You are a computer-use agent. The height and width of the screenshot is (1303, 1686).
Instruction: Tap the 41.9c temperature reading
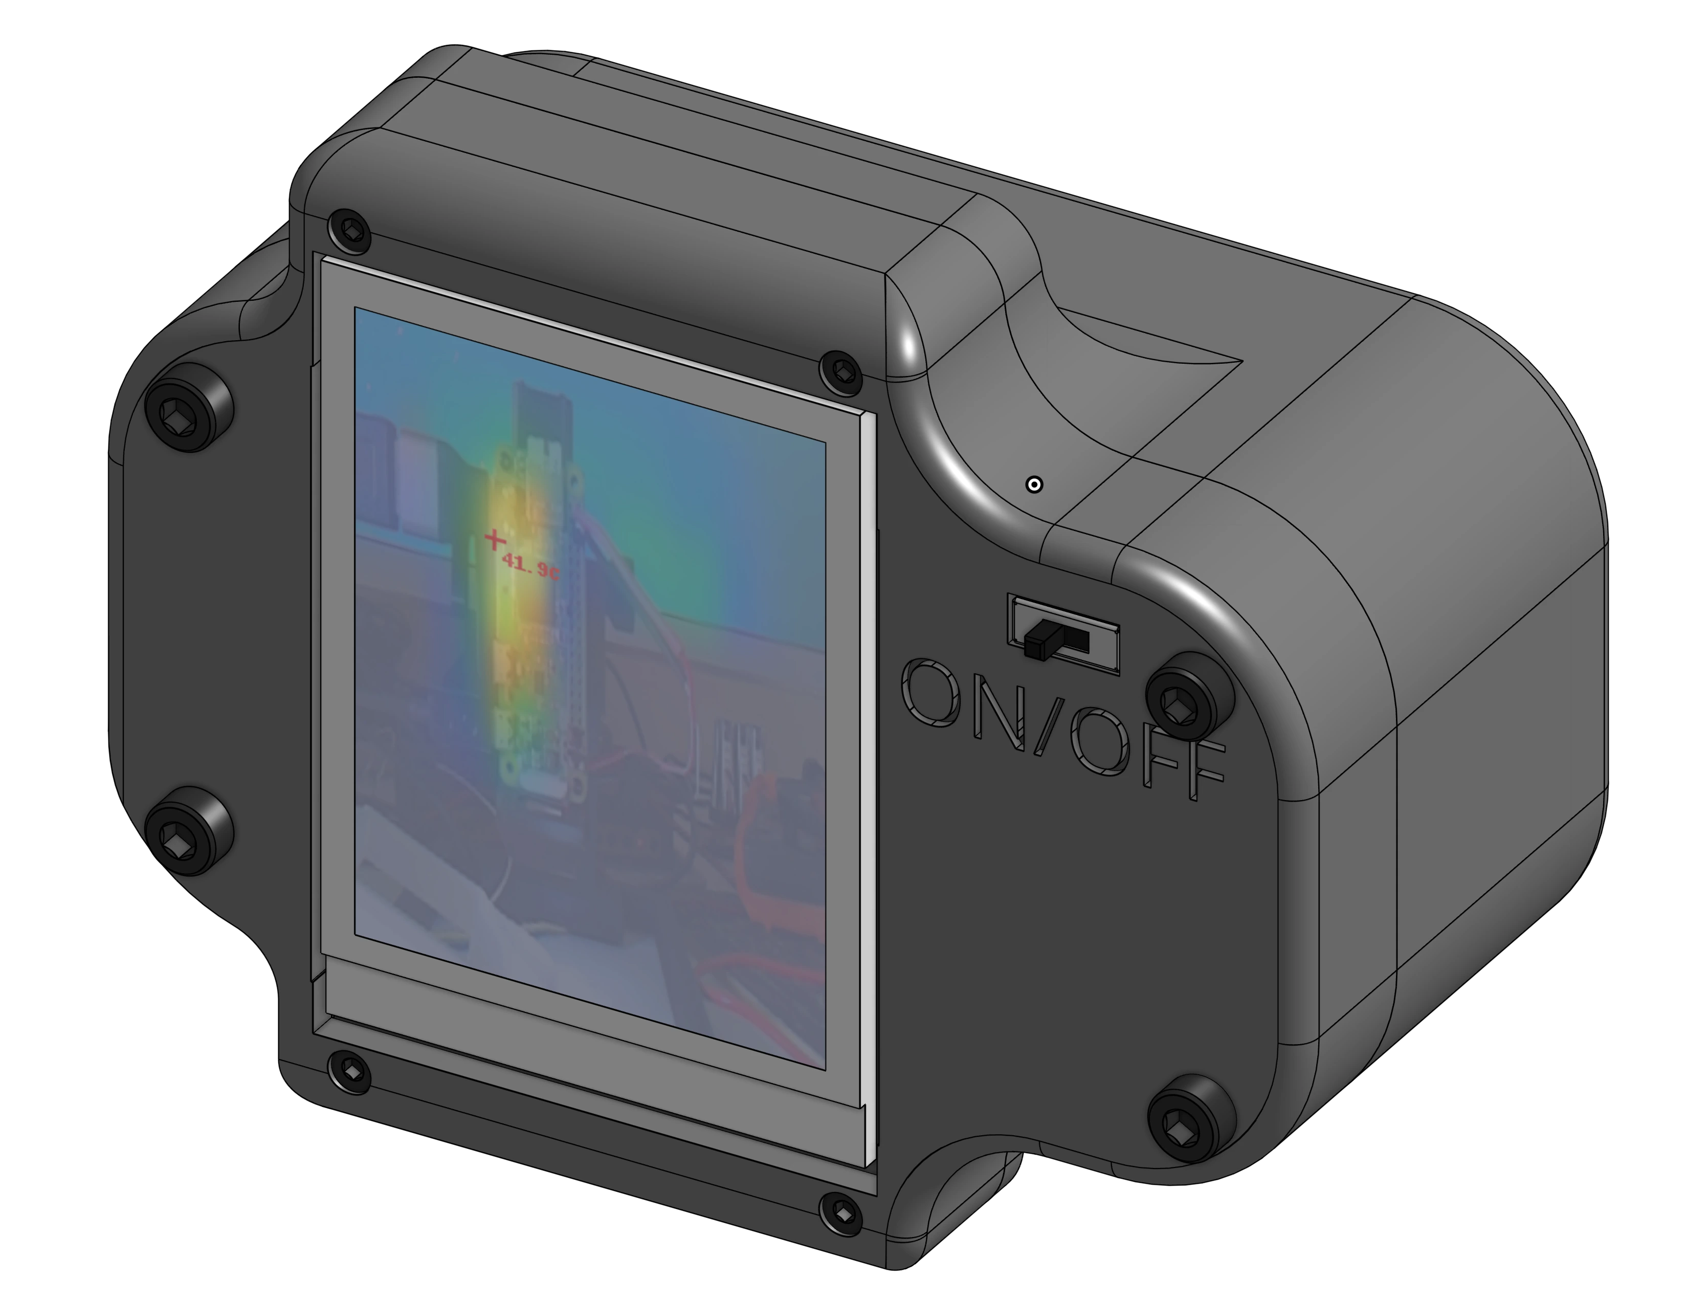(x=530, y=567)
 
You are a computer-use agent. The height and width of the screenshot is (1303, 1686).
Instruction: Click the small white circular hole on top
(x=1034, y=485)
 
